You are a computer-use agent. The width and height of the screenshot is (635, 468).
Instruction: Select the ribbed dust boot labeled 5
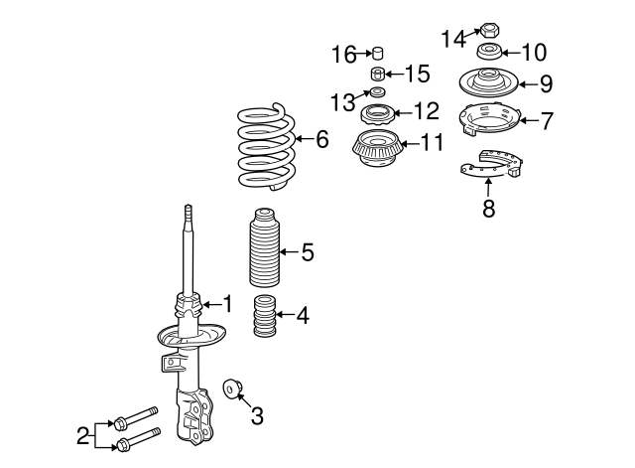[x=264, y=247]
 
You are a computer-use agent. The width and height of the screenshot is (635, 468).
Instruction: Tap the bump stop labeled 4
[x=265, y=316]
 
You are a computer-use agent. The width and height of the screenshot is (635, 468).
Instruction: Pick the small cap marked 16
[x=378, y=53]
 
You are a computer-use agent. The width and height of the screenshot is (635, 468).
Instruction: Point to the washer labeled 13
[x=378, y=91]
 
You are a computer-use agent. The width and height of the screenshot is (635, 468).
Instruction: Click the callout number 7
[x=547, y=120]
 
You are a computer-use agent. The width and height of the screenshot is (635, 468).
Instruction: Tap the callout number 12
[x=426, y=110]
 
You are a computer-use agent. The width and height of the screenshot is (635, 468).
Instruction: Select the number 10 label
[x=535, y=53]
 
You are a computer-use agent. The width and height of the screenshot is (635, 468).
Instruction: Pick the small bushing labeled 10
[x=489, y=51]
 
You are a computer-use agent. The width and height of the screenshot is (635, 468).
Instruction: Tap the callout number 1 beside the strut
[x=228, y=304]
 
